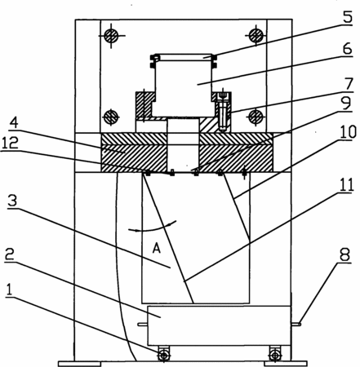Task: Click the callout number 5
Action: tap(347, 17)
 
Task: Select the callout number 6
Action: tap(347, 49)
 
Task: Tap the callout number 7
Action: tap(349, 84)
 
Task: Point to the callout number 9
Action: tap(346, 103)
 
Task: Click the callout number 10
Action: tap(348, 132)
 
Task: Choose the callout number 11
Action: tap(346, 185)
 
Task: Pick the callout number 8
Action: tap(344, 254)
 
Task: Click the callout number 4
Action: tap(14, 122)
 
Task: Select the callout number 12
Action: tap(10, 143)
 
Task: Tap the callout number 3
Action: tap(12, 201)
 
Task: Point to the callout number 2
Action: tap(10, 254)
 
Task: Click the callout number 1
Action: tap(10, 290)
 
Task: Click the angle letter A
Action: tap(156, 248)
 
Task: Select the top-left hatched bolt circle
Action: tap(111, 36)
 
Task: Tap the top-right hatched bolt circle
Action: tap(256, 35)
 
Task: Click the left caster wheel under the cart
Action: tap(163, 355)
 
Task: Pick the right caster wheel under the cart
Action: tap(275, 355)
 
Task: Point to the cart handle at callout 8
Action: tap(296, 324)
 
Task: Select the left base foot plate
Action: tap(79, 364)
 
